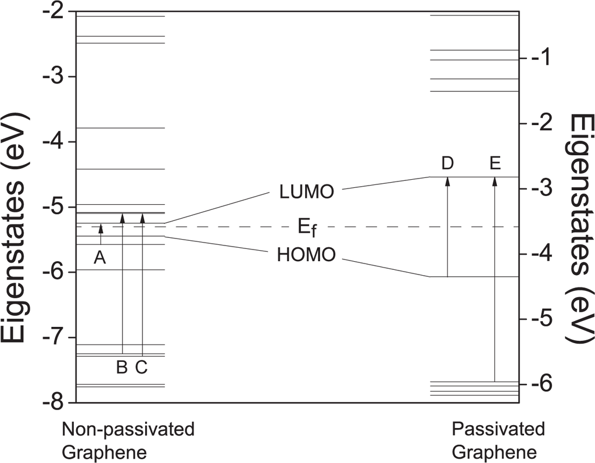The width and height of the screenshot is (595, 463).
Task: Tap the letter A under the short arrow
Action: (100, 259)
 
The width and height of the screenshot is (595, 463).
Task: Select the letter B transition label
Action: (122, 368)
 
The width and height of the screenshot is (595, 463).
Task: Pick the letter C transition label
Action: (142, 368)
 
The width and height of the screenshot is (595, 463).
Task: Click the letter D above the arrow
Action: (447, 164)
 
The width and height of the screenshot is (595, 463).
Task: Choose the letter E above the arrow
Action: (495, 164)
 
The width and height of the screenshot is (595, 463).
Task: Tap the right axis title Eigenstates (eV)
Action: (581, 227)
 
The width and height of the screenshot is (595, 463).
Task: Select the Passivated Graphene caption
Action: (498, 441)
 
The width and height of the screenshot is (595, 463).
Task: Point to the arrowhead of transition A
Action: (101, 227)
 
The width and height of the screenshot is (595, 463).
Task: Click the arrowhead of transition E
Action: (495, 181)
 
